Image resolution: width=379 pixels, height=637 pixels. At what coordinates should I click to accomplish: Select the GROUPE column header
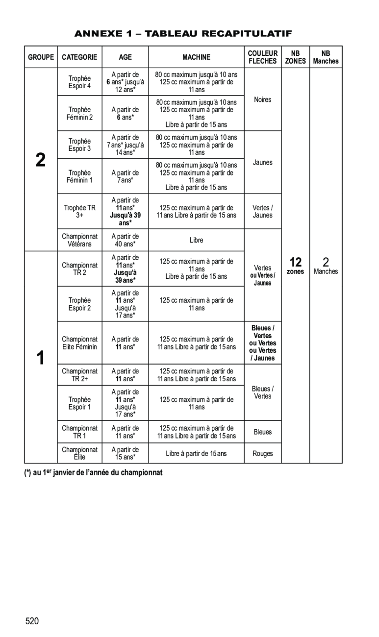[41, 57]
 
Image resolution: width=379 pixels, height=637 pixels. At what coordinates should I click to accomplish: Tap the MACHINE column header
[196, 57]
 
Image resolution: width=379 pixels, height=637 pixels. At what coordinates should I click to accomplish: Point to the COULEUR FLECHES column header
[263, 57]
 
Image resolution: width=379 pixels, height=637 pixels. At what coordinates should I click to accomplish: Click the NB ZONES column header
[296, 57]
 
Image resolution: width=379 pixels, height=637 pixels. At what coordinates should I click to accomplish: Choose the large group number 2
[41, 160]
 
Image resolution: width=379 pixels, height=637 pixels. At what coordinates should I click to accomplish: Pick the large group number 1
[41, 358]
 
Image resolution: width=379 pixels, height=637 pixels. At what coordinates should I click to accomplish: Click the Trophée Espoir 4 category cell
[79, 82]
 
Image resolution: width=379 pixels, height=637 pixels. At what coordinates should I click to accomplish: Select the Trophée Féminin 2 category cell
[79, 113]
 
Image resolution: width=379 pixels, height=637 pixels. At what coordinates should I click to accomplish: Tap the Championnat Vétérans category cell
[79, 240]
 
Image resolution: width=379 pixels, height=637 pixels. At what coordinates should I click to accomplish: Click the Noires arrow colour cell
[263, 99]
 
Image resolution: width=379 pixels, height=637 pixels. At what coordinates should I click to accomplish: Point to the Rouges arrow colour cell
[263, 454]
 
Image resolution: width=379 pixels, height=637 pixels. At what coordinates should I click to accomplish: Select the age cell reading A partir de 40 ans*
[125, 240]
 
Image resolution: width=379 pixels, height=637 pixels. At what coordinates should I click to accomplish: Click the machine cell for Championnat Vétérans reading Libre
[196, 240]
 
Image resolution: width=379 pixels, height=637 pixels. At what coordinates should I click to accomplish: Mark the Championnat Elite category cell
[79, 453]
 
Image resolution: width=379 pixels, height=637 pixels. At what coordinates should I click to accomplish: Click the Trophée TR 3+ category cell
[79, 211]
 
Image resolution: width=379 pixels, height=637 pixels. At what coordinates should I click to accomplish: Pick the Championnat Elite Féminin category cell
[79, 343]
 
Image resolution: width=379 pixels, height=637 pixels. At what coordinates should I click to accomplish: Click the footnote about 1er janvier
[93, 473]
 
